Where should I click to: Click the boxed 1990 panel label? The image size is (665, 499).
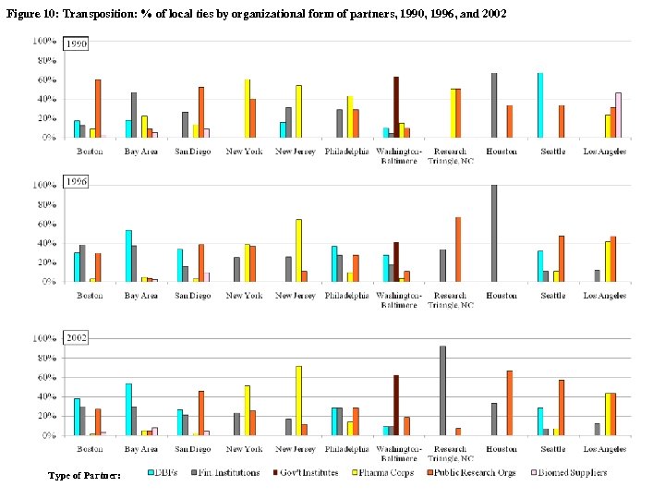click(76, 43)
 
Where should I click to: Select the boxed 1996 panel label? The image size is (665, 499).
click(76, 183)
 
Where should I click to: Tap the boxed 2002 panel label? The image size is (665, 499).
click(76, 338)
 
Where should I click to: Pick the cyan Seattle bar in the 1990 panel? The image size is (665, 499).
click(540, 104)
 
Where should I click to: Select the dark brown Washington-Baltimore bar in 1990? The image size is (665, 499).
click(396, 106)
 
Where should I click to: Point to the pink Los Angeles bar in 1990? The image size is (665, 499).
click(619, 115)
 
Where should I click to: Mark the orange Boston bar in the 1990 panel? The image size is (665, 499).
click(98, 108)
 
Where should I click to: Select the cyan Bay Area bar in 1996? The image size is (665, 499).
click(128, 256)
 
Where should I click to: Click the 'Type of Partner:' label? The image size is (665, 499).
click(84, 475)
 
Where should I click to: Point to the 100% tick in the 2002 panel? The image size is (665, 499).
click(45, 338)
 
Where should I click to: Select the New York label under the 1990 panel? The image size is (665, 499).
click(245, 152)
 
